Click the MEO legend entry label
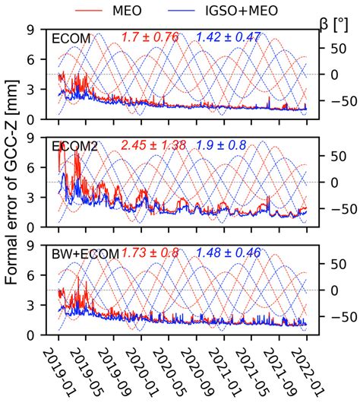(x=136, y=10)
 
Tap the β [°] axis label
(x=335, y=25)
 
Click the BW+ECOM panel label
(x=84, y=253)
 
